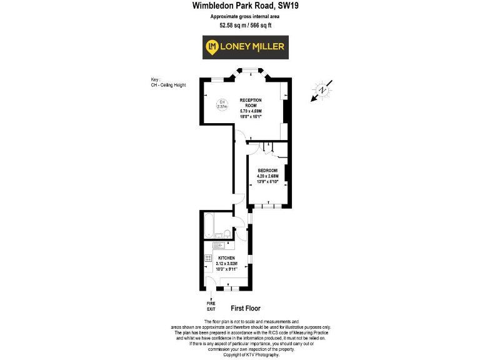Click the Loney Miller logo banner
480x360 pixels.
pos(245,46)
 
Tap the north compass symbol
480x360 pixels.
pos(322,91)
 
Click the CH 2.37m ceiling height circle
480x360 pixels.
pos(221,104)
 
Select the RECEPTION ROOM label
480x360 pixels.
pos(251,102)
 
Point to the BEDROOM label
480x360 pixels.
pos(267,171)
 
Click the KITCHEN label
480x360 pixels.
pos(226,258)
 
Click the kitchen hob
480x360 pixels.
pos(207,258)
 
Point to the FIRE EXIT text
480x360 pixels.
pos(211,306)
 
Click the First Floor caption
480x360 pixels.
pos(245,308)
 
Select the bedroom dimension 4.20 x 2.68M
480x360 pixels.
pos(267,177)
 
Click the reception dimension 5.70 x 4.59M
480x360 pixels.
pos(251,111)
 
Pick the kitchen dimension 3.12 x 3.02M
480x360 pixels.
pos(226,264)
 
